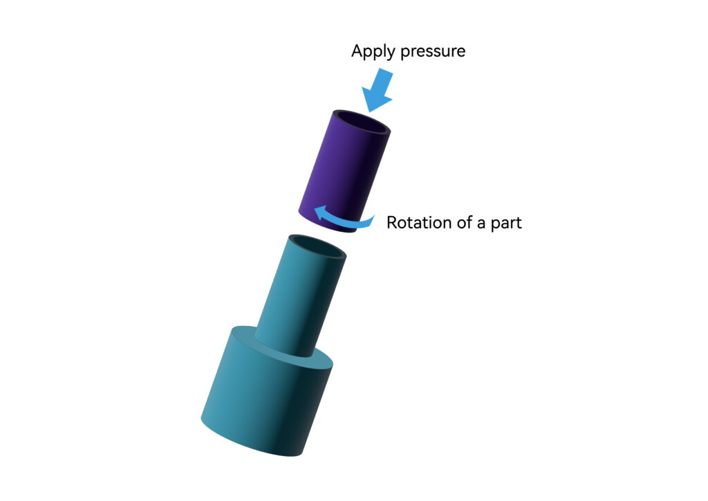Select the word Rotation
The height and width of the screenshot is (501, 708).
tap(419, 222)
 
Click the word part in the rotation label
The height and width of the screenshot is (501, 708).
tap(506, 224)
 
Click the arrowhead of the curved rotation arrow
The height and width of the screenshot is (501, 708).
tap(321, 212)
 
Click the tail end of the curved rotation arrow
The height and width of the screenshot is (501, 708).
tap(372, 220)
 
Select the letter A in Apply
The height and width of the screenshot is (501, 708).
tap(357, 51)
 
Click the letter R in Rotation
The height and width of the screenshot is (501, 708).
tap(392, 223)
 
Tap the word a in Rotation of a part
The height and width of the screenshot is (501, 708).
tap(481, 224)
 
